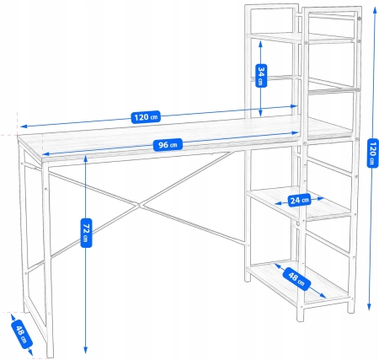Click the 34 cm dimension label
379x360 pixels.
[262, 77]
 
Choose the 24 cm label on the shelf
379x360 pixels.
[298, 201]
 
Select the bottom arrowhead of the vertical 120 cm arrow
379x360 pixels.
[370, 309]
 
